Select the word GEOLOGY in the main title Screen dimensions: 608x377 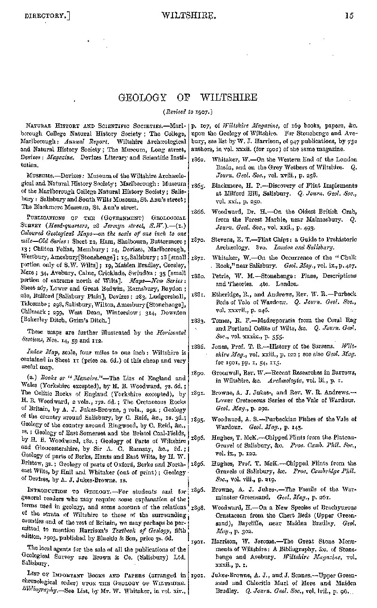click(x=144, y=97)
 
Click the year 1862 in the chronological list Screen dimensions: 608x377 click(x=197, y=160)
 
